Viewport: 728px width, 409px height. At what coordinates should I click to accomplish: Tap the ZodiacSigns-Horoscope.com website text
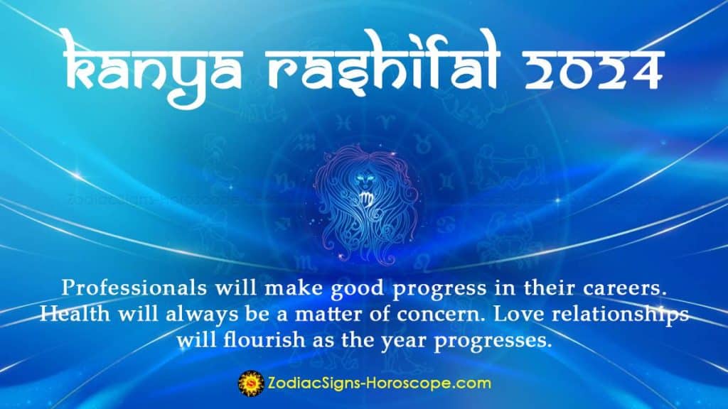377,383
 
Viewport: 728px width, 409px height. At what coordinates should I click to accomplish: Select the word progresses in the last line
491,340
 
